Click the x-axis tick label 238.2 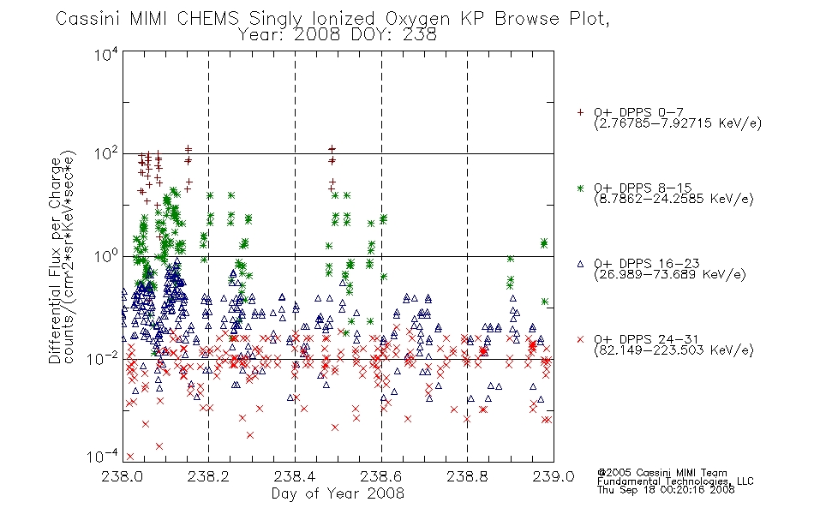pyautogui.click(x=208, y=476)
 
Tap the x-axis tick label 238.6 pyautogui.click(x=381, y=476)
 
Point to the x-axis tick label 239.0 pyautogui.click(x=554, y=476)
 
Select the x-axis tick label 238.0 pyautogui.click(x=123, y=476)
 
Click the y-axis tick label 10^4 pyautogui.click(x=106, y=54)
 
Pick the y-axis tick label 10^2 pyautogui.click(x=106, y=154)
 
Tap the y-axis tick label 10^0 pyautogui.click(x=106, y=256)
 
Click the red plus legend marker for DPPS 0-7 pyautogui.click(x=580, y=112)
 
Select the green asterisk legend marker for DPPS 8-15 pyautogui.click(x=580, y=188)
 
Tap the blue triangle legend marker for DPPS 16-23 pyautogui.click(x=580, y=264)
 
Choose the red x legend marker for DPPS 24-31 pyautogui.click(x=580, y=339)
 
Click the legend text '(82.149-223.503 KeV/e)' pyautogui.click(x=673, y=350)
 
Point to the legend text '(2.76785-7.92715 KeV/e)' pyautogui.click(x=678, y=123)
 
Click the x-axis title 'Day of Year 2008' pyautogui.click(x=338, y=493)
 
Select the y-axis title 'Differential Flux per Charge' pyautogui.click(x=55, y=260)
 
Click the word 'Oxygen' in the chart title pyautogui.click(x=417, y=19)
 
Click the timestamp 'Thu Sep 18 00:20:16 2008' pyautogui.click(x=666, y=490)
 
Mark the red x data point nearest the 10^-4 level pyautogui.click(x=129, y=457)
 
